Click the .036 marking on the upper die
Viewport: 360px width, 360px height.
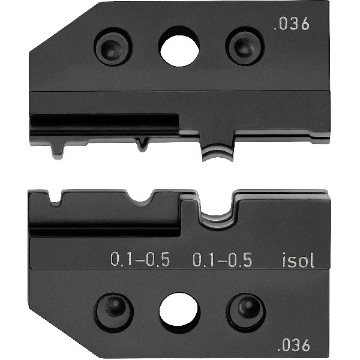coord(292,24)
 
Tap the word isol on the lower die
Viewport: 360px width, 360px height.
coord(298,260)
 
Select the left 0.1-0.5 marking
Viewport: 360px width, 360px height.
coord(140,259)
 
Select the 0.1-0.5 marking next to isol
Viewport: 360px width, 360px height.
coord(222,259)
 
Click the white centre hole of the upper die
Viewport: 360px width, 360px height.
coord(179,51)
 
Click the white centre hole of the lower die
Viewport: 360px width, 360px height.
coord(179,309)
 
